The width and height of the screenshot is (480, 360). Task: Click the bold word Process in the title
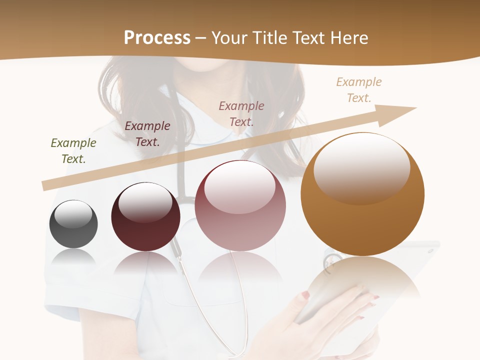click(x=157, y=37)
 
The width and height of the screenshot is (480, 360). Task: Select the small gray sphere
click(x=73, y=224)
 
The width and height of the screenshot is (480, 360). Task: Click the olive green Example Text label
click(x=73, y=151)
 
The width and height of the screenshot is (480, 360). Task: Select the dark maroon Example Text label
click(x=147, y=134)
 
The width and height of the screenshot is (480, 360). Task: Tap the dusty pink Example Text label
click(x=241, y=113)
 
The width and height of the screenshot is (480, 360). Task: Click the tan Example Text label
click(x=359, y=90)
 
